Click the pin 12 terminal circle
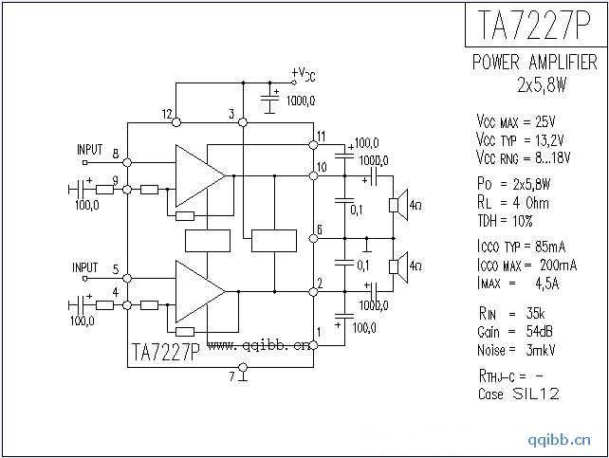click(x=176, y=122)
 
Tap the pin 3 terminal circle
click(x=243, y=122)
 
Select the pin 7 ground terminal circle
click(x=243, y=367)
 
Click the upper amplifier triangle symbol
click(x=200, y=175)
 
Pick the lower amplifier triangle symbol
click(x=200, y=291)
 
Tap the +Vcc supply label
click(x=304, y=74)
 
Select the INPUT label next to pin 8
click(x=90, y=150)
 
